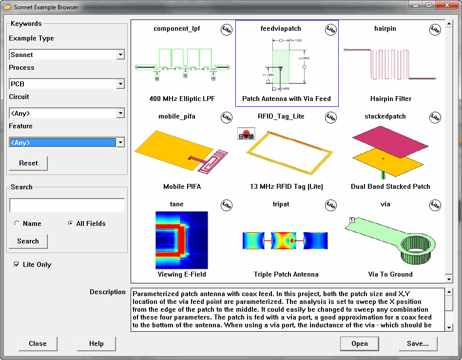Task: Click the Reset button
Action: point(28,163)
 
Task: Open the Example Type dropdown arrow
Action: point(120,55)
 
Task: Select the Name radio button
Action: point(18,223)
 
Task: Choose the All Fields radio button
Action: point(71,223)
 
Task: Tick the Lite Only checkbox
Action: point(17,264)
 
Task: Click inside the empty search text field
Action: point(67,205)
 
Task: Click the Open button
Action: point(359,343)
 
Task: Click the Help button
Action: point(96,343)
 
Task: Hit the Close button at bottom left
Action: point(38,343)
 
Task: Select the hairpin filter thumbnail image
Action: point(390,64)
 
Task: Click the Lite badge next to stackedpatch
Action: point(435,117)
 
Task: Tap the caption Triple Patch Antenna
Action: point(286,274)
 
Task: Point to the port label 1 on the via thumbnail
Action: point(350,221)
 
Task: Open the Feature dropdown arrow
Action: point(120,142)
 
